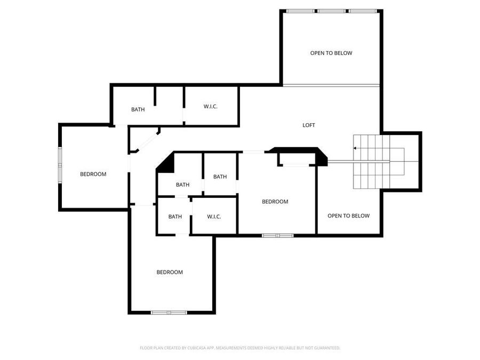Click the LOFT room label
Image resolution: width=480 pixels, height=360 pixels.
coord(309,125)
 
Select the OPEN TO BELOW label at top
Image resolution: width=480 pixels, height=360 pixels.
coord(331,53)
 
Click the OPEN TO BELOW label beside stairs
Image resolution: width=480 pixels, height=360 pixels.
coord(348,216)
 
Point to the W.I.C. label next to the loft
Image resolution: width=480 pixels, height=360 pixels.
coord(211,107)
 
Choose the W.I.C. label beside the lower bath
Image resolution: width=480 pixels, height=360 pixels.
coord(214,217)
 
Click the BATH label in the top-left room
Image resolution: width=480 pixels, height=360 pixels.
coord(138,110)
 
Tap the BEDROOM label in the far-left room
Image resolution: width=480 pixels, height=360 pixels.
coord(93,174)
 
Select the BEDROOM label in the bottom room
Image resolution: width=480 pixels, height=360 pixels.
coord(170,272)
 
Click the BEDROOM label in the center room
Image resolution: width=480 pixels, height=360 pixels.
coord(275,202)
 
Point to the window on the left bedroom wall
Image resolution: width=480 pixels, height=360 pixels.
coord(60,165)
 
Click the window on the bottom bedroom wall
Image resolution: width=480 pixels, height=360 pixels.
coord(168,312)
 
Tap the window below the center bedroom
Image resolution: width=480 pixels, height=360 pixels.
coord(277,235)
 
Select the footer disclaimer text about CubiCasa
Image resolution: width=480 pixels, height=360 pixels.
coord(240,348)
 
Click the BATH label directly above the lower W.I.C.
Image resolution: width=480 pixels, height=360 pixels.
coord(220,177)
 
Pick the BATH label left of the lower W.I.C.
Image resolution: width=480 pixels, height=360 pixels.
coord(175,217)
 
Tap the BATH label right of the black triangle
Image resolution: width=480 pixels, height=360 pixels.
coord(183,185)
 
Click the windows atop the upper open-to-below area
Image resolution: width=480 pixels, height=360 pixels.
coord(332,11)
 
